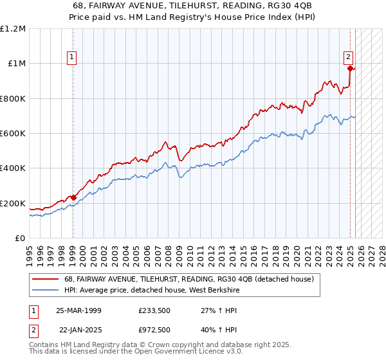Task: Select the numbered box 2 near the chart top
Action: pos(348,55)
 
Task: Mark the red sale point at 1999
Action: pos(73,197)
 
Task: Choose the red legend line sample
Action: pos(45,279)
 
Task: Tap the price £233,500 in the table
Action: pos(154,310)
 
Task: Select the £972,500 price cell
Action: pos(154,329)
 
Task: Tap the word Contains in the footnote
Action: pos(45,345)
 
